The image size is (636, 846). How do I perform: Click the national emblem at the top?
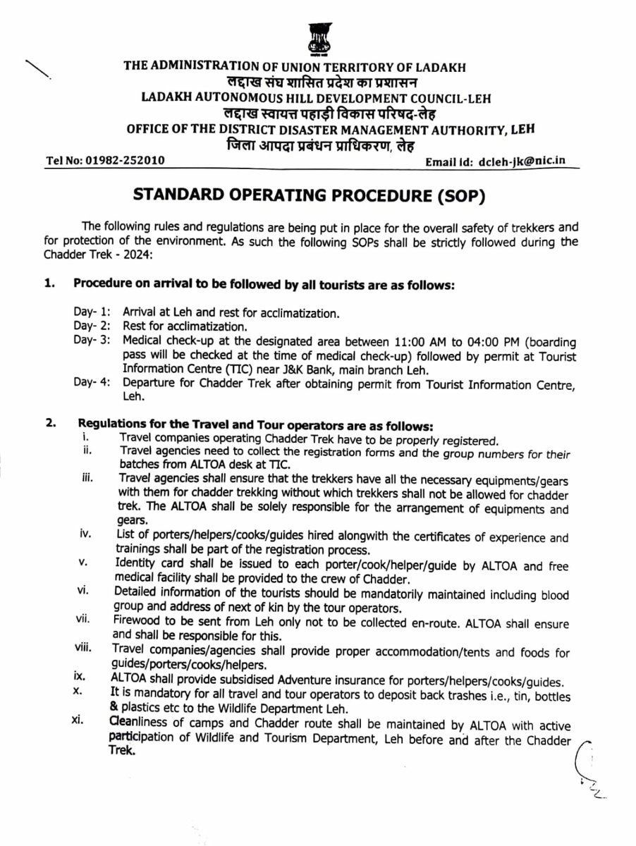click(x=318, y=38)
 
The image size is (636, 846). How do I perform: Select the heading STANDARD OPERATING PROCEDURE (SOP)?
click(x=317, y=195)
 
